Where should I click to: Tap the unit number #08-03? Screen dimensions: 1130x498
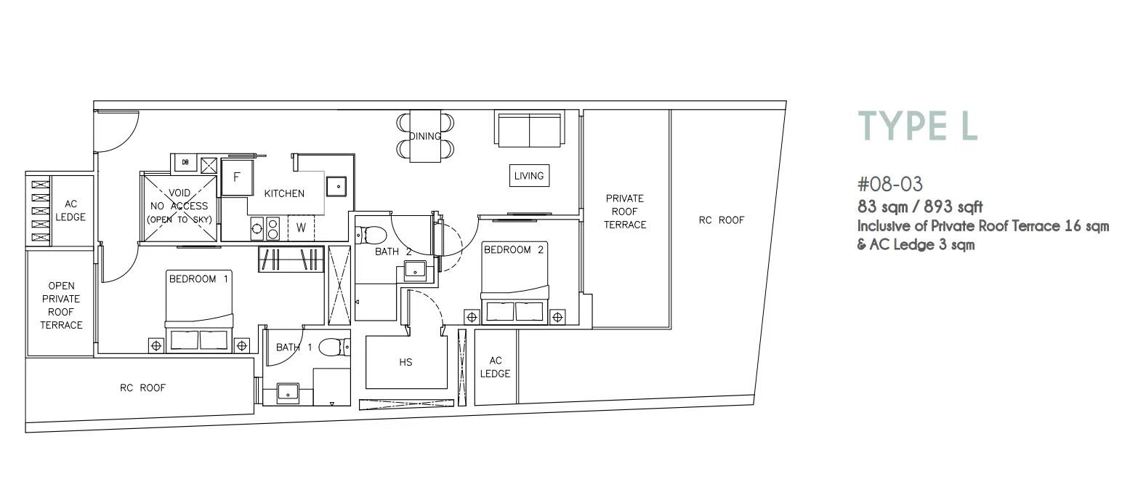tap(890, 184)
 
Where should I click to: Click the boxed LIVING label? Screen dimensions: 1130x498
tap(529, 176)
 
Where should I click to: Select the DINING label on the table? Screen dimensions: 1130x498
tap(425, 136)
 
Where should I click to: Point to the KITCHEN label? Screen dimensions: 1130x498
tap(284, 193)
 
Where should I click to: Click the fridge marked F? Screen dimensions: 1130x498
tap(237, 177)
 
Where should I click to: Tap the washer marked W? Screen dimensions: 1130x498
tap(301, 228)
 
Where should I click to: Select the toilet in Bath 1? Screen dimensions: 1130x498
tap(334, 347)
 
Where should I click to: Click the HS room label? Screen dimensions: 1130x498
tap(405, 362)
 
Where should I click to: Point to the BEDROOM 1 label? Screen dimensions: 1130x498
tap(199, 278)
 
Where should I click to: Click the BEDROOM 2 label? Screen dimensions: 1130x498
tap(514, 250)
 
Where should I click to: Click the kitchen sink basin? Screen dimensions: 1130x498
tap(336, 185)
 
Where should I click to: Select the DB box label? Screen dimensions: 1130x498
tap(185, 162)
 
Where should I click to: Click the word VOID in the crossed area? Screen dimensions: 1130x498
tap(179, 193)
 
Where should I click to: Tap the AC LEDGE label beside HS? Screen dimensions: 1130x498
tap(496, 367)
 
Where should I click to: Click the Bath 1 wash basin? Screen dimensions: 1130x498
tap(288, 392)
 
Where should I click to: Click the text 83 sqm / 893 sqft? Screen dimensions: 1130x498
tap(920, 207)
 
